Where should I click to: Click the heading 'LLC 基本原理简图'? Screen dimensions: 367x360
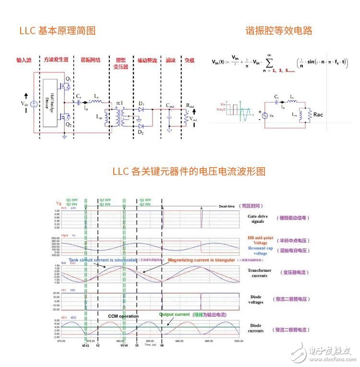point(58,31)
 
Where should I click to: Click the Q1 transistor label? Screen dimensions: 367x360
point(68,78)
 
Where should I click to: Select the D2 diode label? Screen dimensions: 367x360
point(140,132)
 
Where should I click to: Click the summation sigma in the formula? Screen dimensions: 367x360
point(273,62)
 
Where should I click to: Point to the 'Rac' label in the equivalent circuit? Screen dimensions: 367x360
point(319,115)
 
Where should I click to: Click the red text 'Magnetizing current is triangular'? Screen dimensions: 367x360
point(201,260)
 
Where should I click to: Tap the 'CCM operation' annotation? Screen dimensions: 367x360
point(123,316)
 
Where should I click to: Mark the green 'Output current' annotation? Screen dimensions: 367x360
point(175,315)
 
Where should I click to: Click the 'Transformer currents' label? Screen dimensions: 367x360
point(260,273)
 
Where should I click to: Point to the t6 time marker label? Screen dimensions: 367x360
point(162,345)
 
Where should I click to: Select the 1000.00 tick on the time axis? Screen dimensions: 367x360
point(238,341)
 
